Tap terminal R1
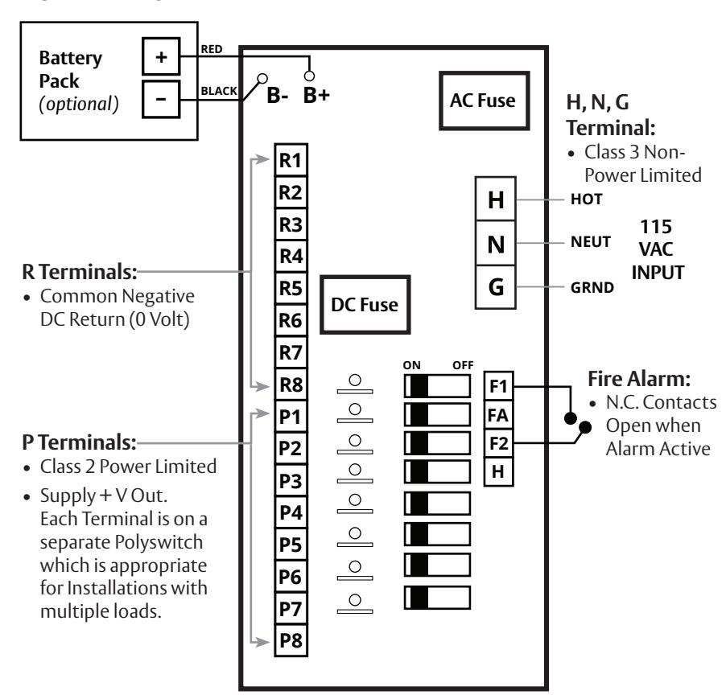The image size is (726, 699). click(291, 160)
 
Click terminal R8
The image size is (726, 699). click(291, 384)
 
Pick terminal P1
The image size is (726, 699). click(291, 417)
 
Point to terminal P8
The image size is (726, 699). click(291, 641)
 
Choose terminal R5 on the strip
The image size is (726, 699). click(291, 288)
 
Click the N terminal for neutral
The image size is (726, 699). click(496, 244)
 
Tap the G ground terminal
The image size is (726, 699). click(496, 287)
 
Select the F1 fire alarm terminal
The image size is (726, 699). click(499, 386)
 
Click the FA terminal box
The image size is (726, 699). click(499, 415)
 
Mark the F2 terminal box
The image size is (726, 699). click(499, 444)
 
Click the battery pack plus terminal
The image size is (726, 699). click(161, 56)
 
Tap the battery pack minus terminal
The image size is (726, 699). click(161, 100)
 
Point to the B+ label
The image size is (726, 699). click(316, 95)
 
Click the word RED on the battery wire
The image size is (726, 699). click(212, 49)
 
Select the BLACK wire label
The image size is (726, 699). click(219, 91)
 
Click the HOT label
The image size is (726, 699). click(587, 199)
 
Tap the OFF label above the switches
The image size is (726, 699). click(463, 365)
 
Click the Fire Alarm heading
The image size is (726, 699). click(639, 379)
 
